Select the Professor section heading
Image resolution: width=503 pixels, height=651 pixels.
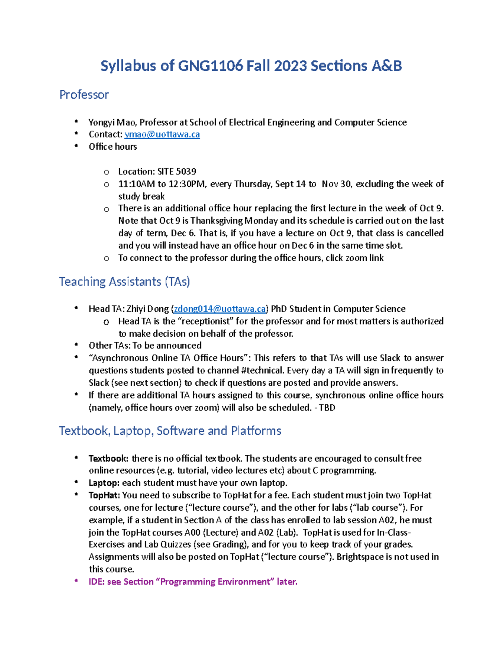[84, 95]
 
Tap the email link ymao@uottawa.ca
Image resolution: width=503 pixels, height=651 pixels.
[162, 134]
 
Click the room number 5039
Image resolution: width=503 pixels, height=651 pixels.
[186, 171]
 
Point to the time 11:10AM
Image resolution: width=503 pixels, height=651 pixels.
[136, 184]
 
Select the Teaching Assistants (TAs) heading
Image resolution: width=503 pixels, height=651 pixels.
[124, 281]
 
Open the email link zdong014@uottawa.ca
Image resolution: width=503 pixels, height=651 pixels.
[220, 309]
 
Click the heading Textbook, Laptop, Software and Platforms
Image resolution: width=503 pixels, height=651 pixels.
[170, 431]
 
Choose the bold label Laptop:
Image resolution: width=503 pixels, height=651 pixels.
[104, 483]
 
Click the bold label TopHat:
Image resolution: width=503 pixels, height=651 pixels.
[104, 495]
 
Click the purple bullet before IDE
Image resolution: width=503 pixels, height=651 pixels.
[76, 581]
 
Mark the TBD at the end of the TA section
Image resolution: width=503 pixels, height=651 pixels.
[327, 407]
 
